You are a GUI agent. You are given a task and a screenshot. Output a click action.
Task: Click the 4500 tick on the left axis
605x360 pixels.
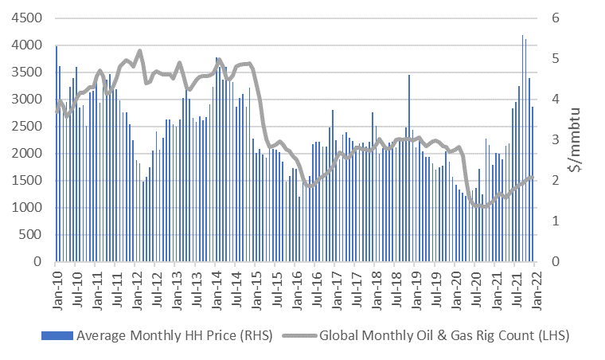pyautogui.click(x=26, y=18)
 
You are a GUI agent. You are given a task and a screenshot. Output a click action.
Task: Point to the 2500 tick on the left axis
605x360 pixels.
pyautogui.click(x=26, y=126)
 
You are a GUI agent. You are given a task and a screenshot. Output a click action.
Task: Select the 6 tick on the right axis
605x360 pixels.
pyautogui.click(x=548, y=18)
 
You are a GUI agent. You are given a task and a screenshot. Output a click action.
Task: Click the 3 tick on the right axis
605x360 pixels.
pyautogui.click(x=548, y=139)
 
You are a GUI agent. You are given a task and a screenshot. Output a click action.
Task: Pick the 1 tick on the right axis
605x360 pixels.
pyautogui.click(x=548, y=221)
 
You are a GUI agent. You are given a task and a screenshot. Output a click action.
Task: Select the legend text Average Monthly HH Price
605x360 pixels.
pyautogui.click(x=174, y=335)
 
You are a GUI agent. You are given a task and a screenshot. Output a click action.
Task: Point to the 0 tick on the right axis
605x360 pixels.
pyautogui.click(x=548, y=261)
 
